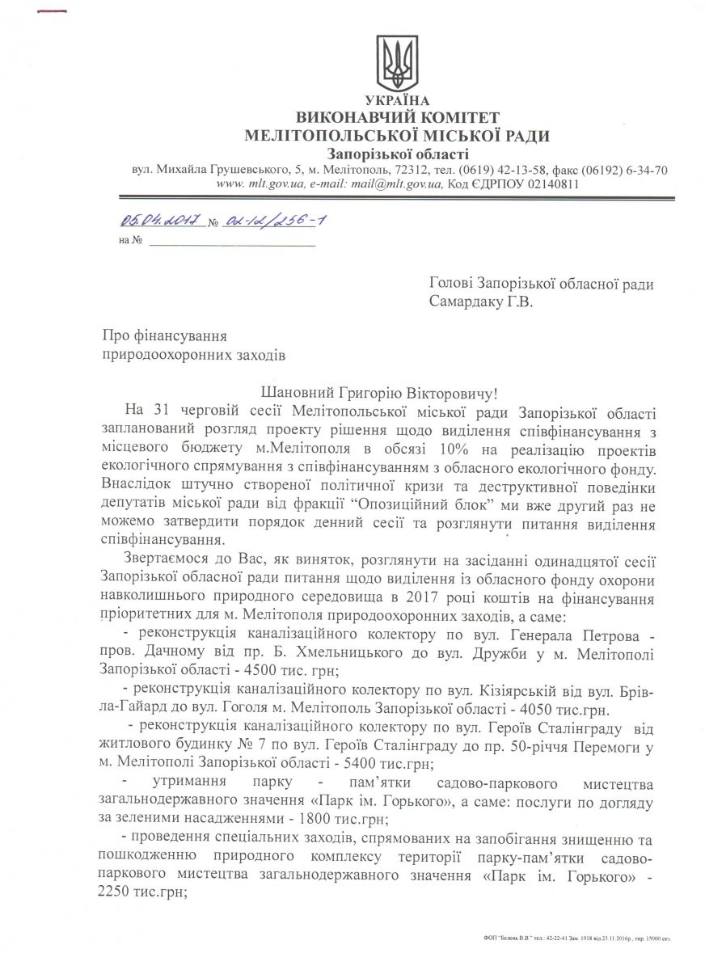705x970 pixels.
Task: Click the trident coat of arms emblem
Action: pyautogui.click(x=397, y=62)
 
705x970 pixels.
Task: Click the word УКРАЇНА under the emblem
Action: pyautogui.click(x=397, y=100)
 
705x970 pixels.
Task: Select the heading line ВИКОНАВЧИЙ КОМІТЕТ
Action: pyautogui.click(x=398, y=118)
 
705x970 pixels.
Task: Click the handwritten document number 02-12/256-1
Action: pyautogui.click(x=278, y=220)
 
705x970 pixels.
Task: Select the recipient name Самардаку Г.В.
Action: pyautogui.click(x=483, y=303)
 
